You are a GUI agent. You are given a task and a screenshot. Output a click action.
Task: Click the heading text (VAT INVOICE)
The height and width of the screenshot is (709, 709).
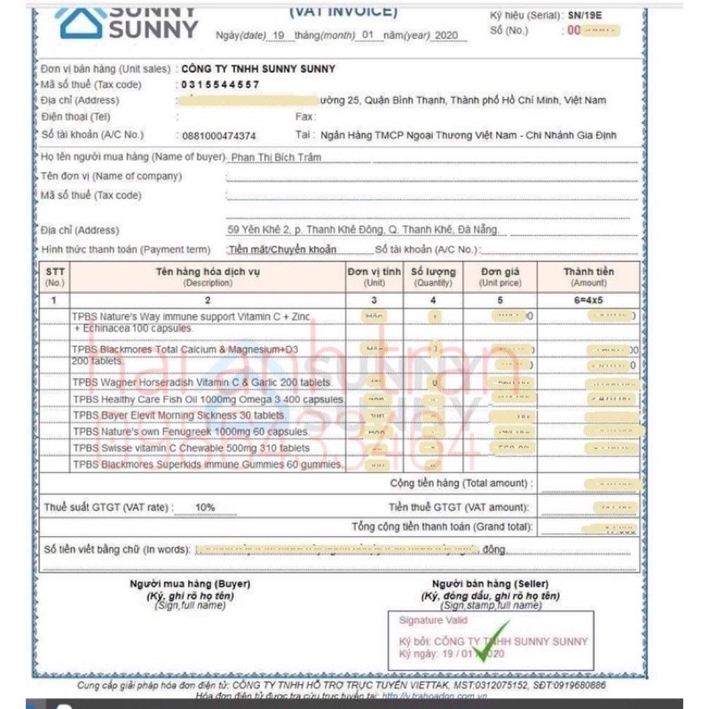point(343,12)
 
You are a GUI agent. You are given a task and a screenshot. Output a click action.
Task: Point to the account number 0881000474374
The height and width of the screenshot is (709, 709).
point(218,136)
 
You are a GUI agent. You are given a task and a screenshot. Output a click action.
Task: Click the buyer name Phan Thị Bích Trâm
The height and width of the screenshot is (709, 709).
point(275,157)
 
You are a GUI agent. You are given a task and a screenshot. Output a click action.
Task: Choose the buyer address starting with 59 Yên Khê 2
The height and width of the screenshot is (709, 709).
point(363,230)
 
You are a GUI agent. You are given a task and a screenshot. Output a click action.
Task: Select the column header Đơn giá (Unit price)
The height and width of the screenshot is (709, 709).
point(501,277)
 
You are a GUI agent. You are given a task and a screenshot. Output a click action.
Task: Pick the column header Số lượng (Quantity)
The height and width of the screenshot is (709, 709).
point(433,277)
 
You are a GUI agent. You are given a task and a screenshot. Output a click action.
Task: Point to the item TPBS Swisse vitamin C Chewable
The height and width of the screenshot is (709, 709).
point(191,448)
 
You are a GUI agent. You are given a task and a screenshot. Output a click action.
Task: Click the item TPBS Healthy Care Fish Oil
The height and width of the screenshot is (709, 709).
point(209,399)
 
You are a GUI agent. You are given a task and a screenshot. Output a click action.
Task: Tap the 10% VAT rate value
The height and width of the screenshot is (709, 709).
point(205,508)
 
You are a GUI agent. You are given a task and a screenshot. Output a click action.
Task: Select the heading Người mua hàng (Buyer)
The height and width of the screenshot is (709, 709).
point(190,584)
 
